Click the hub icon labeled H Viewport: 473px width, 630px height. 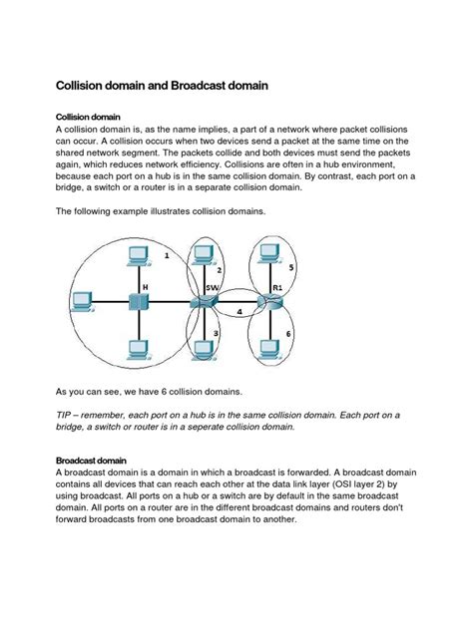click(x=134, y=302)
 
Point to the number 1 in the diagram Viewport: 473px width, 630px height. click(x=166, y=256)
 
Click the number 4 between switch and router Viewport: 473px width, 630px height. click(x=239, y=311)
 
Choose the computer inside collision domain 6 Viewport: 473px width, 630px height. click(x=268, y=348)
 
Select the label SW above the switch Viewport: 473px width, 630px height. click(x=213, y=286)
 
